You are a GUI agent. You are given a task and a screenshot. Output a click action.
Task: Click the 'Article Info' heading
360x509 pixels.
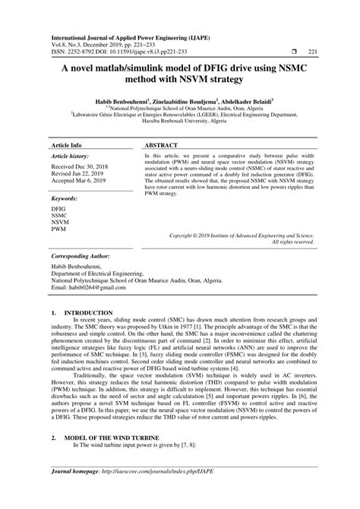[67, 122]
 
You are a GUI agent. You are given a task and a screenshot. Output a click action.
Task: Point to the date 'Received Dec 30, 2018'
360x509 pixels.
[81, 144]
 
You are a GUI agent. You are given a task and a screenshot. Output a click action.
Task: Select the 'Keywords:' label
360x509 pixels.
[64, 176]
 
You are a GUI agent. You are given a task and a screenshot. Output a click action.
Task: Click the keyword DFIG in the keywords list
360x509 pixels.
[58, 187]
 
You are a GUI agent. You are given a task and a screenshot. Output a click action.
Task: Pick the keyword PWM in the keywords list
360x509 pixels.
[58, 207]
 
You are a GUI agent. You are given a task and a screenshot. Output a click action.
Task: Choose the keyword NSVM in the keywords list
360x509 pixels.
[59, 201]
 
